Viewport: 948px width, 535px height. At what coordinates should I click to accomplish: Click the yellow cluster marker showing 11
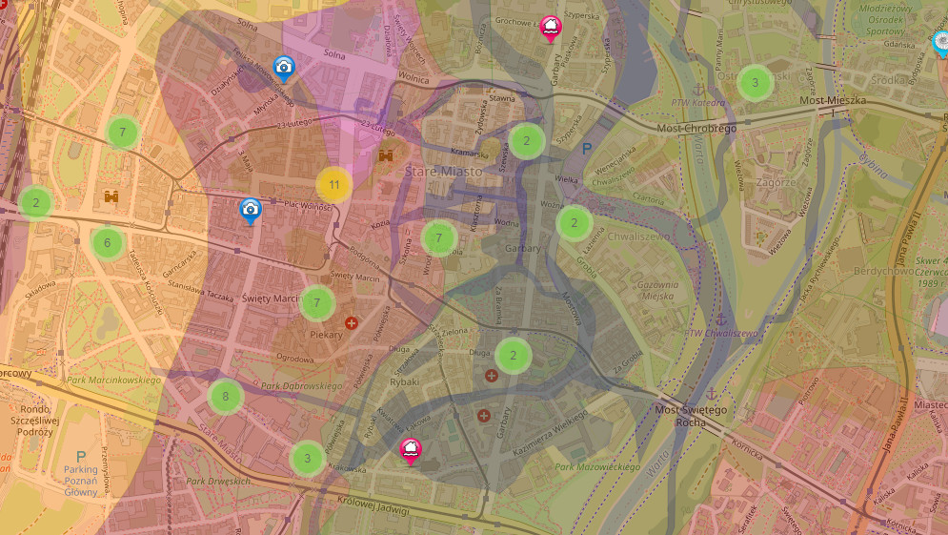point(333,185)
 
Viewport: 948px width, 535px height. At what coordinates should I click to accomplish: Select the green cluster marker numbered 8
point(226,396)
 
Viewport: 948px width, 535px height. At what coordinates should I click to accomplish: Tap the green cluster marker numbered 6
point(108,242)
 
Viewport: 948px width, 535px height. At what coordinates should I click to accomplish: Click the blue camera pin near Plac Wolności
point(250,210)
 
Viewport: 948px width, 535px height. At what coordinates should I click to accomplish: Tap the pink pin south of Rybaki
point(411,450)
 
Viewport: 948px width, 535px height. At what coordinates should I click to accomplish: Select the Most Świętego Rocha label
point(692,416)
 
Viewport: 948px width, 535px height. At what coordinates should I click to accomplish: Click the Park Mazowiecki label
point(597,467)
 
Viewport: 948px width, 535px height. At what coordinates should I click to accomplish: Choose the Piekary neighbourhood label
point(326,335)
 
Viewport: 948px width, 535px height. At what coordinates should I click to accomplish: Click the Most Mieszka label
point(831,99)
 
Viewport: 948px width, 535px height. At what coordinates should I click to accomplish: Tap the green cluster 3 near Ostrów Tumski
point(756,83)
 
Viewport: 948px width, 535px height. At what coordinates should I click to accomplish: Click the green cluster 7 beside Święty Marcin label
point(317,303)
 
